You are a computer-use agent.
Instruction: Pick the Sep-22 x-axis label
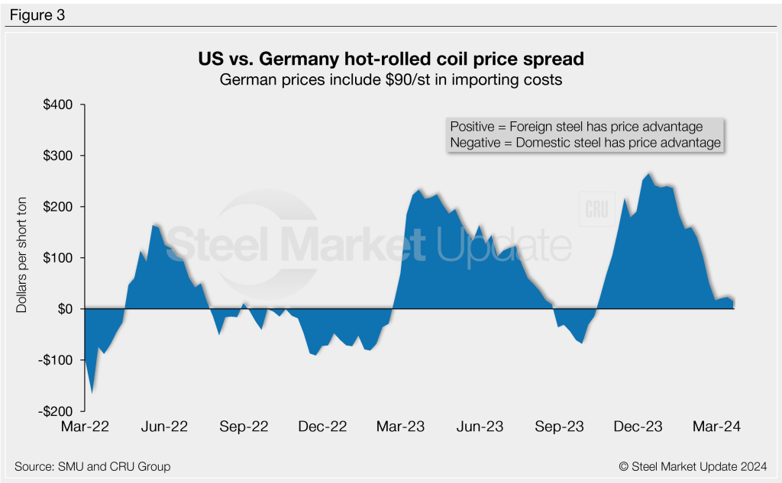pyautogui.click(x=244, y=427)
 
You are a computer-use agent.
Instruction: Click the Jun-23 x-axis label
pyautogui.click(x=479, y=427)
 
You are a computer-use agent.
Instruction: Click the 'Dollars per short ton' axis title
pyautogui.click(x=22, y=258)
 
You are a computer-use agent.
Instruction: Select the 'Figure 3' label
pyautogui.click(x=37, y=14)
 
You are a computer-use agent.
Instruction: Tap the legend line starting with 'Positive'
pyautogui.click(x=577, y=127)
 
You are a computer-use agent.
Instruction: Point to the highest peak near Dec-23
pyautogui.click(x=649, y=173)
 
